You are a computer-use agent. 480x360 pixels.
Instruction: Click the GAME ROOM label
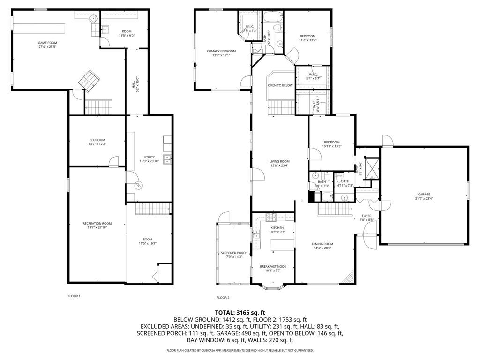pyautogui.click(x=44, y=43)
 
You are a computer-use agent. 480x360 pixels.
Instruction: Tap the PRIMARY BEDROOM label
pyautogui.click(x=221, y=51)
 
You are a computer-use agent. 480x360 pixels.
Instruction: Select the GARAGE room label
pyautogui.click(x=424, y=194)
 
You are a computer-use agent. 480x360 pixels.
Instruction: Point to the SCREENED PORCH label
pyautogui.click(x=234, y=253)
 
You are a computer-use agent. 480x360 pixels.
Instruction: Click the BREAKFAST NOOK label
pyautogui.click(x=273, y=266)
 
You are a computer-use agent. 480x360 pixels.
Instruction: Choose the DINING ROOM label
pyautogui.click(x=322, y=244)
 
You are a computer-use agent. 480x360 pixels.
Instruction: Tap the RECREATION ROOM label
pyautogui.click(x=97, y=223)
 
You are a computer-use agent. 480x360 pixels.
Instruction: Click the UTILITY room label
pyautogui.click(x=149, y=157)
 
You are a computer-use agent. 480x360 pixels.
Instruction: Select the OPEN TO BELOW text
pyautogui.click(x=280, y=85)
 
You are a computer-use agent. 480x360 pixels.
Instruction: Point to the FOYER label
pyautogui.click(x=366, y=216)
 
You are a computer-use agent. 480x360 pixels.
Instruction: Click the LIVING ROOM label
pyautogui.click(x=279, y=161)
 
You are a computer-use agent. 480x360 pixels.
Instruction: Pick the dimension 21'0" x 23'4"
pyautogui.click(x=424, y=198)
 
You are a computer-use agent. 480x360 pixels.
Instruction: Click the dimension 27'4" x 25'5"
pyautogui.click(x=44, y=47)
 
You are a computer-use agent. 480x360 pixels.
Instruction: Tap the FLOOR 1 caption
pyautogui.click(x=74, y=296)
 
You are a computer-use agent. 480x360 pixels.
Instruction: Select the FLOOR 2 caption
pyautogui.click(x=223, y=298)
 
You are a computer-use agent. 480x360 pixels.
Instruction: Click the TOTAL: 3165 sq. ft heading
pyautogui.click(x=240, y=312)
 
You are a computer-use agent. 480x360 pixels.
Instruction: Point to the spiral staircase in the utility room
pyautogui.click(x=138, y=185)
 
